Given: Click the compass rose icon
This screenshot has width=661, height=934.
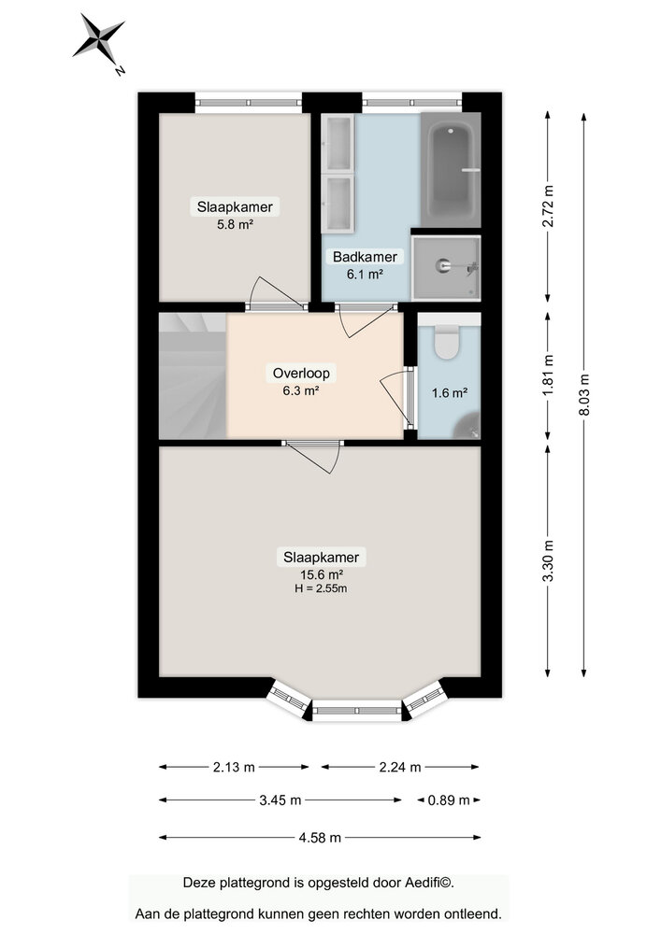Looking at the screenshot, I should [99, 40].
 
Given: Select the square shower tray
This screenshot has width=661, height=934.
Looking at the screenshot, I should [446, 267].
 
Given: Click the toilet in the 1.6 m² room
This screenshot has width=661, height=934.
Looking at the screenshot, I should [448, 343].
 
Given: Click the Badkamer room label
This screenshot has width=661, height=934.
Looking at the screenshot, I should [365, 256].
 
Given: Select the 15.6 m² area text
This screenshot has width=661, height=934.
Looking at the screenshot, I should [321, 574].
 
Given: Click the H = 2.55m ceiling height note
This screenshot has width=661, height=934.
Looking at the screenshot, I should [321, 588].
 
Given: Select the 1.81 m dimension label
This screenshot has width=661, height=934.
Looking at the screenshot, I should [549, 373].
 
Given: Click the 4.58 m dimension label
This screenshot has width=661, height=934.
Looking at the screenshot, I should [320, 837].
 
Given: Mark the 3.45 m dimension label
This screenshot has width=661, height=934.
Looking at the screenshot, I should [280, 800].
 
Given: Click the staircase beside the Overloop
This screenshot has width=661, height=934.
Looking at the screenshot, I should [192, 375].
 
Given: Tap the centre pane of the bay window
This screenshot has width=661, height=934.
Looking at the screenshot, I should [356, 712].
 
